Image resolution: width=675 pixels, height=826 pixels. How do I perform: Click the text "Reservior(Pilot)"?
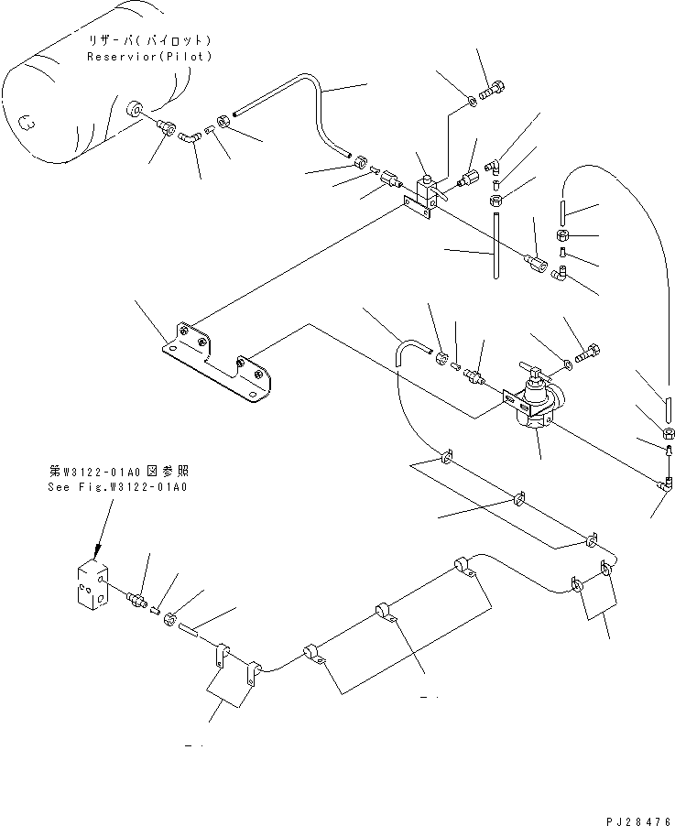point(149,57)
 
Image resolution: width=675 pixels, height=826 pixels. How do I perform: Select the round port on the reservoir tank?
point(136,110)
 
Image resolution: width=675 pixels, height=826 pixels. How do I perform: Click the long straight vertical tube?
point(495,245)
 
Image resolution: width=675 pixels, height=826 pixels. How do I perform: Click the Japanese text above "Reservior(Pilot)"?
point(149,41)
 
